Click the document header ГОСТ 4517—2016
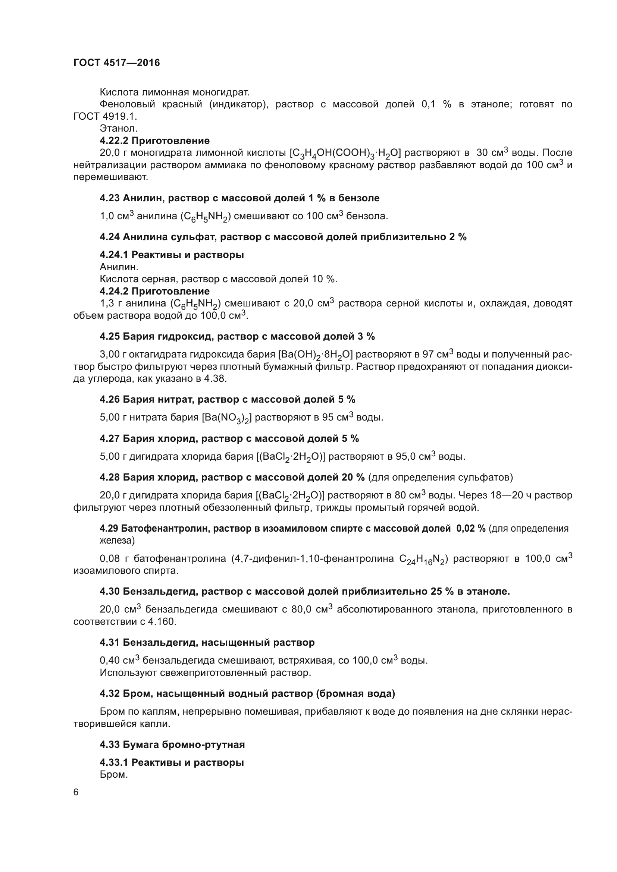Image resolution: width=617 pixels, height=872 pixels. tap(117, 63)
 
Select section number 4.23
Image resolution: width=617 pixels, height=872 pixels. tap(110, 198)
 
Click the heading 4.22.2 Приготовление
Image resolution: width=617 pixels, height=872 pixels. tap(155, 141)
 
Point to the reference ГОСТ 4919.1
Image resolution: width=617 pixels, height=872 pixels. tap(105, 116)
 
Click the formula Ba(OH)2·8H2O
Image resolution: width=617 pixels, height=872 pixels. tap(315, 355)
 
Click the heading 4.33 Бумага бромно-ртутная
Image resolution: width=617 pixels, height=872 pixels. tap(172, 745)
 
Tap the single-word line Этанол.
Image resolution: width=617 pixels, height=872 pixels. tap(119, 129)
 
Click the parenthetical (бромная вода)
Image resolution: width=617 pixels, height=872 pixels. tap(355, 694)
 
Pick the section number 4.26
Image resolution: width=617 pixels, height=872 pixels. tap(110, 400)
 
